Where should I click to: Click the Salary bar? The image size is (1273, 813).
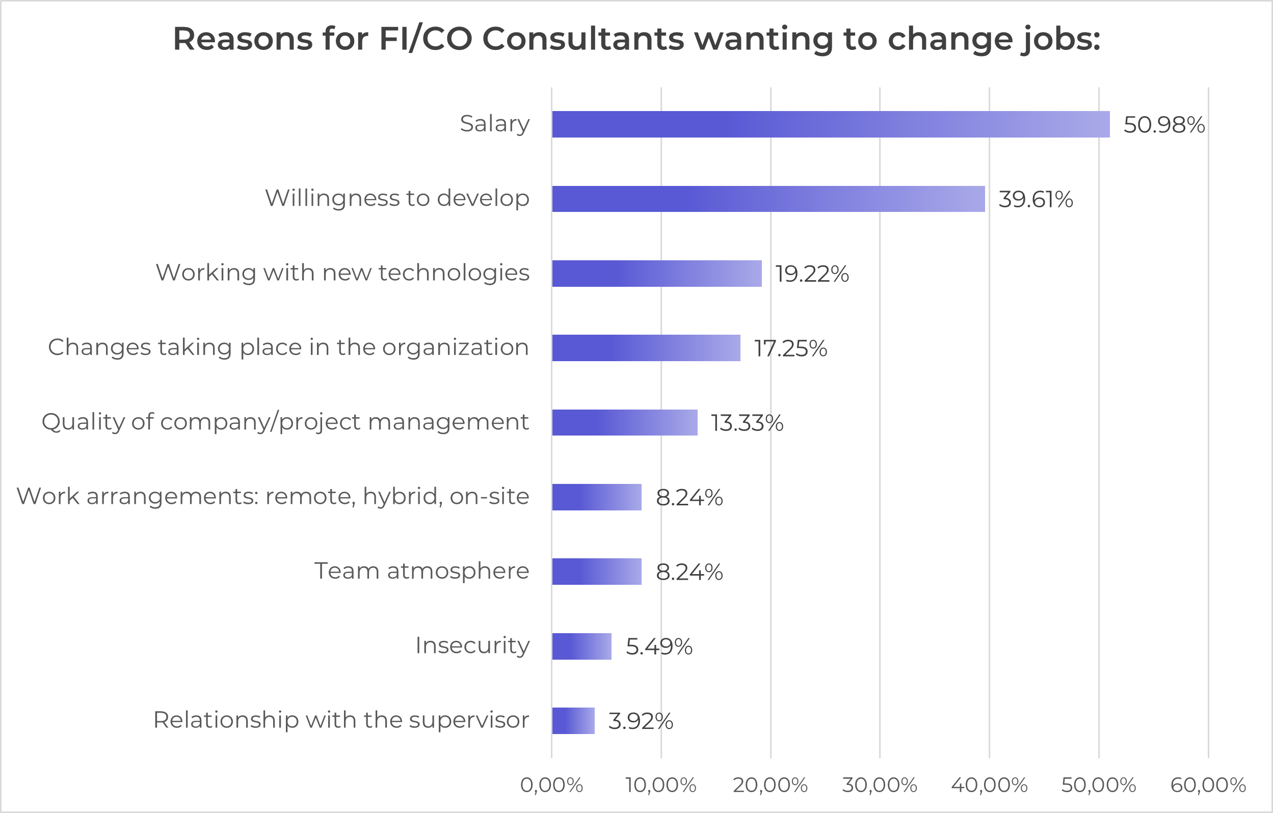(x=831, y=124)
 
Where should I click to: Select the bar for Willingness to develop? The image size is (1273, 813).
(x=768, y=199)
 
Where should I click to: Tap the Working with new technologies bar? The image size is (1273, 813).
(x=656, y=273)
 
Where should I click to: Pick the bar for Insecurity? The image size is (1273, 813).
(x=581, y=646)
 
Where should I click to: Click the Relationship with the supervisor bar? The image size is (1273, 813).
(x=573, y=720)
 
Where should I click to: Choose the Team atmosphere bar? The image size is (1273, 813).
(x=596, y=572)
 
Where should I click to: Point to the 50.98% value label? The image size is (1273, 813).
(x=1163, y=125)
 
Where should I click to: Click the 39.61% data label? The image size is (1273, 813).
(x=1035, y=199)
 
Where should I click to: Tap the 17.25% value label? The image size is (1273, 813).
(x=790, y=348)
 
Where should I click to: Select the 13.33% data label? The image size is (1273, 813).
(x=747, y=423)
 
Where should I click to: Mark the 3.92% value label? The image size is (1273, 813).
(x=640, y=721)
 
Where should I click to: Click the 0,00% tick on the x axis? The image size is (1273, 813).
(x=551, y=785)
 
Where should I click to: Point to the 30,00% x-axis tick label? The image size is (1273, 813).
(x=879, y=785)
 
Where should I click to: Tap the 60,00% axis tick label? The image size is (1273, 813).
(x=1208, y=785)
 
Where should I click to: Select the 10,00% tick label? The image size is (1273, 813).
(x=660, y=785)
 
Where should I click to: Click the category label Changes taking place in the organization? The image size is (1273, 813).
(x=288, y=347)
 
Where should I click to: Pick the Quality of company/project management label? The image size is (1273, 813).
(x=285, y=422)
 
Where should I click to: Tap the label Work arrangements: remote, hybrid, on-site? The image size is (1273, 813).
(x=273, y=496)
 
